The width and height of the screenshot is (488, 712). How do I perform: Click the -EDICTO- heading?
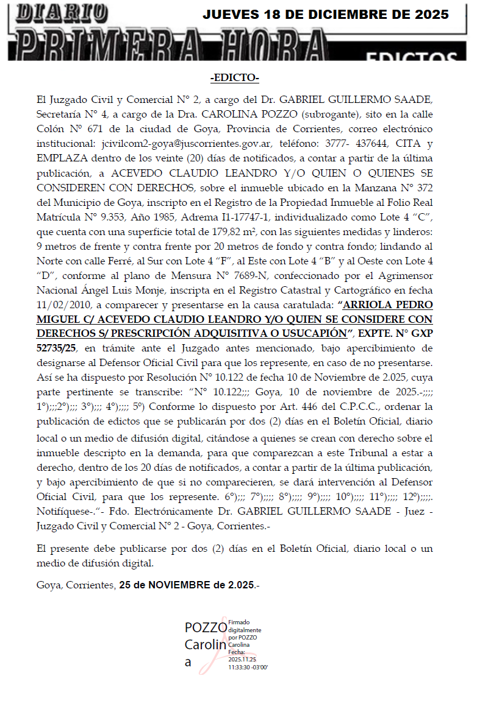pos(234,78)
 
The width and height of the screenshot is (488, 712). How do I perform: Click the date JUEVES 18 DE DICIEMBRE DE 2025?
pos(326,15)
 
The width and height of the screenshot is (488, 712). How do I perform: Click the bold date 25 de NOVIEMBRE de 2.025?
pos(187,585)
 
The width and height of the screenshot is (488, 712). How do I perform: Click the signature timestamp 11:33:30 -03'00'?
pos(248,668)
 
